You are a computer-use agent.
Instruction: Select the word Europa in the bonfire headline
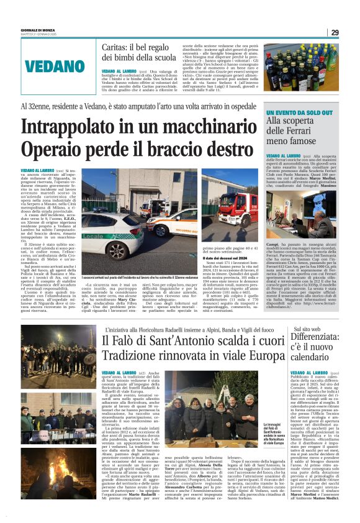tap(261, 357)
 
